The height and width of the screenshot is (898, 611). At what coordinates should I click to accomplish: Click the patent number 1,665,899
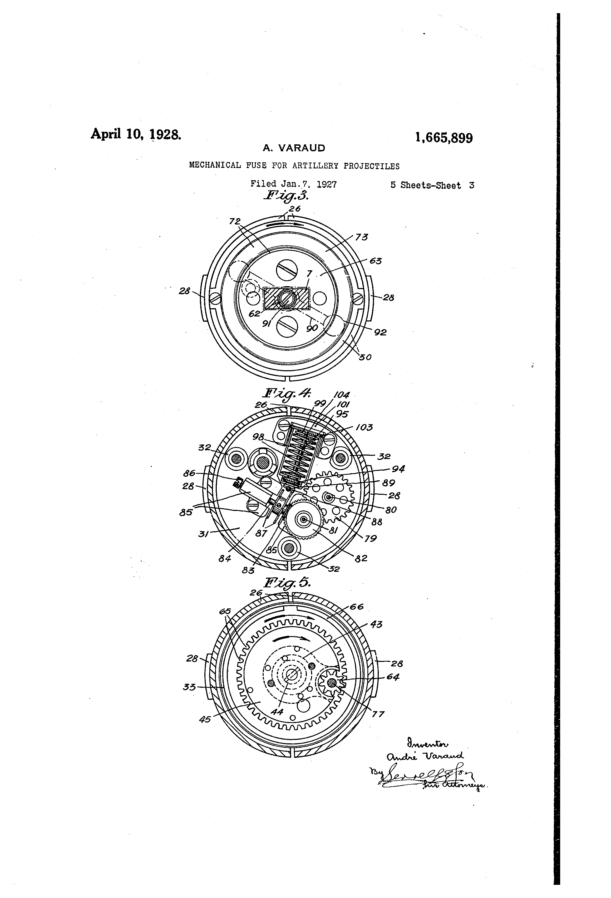click(x=444, y=137)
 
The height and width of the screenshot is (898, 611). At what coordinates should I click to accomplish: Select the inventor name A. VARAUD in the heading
click(x=294, y=148)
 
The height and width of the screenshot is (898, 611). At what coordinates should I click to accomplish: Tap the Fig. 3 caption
click(x=286, y=196)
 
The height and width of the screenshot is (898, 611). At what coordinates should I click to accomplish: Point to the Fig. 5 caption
click(x=287, y=582)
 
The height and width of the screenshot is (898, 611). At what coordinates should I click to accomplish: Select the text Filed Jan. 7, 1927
click(x=294, y=184)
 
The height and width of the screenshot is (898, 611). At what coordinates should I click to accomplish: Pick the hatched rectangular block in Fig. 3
click(x=286, y=298)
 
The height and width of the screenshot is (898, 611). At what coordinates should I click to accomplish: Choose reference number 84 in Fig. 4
click(x=225, y=558)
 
